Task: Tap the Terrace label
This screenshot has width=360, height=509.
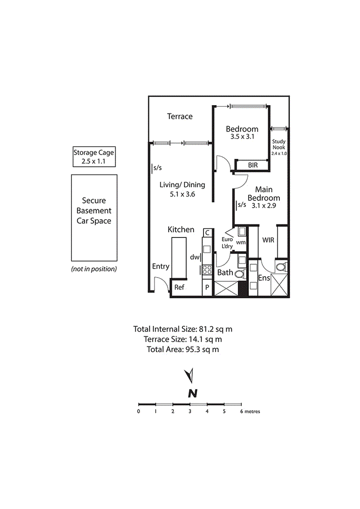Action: coord(180,116)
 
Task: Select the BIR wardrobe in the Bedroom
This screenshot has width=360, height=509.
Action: coord(253,165)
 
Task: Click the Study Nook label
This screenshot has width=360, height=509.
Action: coord(278,147)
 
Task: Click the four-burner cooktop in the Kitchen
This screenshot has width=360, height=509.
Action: coord(207,270)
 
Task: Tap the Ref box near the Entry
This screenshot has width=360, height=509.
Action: coord(179,287)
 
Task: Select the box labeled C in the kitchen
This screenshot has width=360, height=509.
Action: coord(207,233)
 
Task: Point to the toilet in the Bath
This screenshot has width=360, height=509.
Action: coord(239,274)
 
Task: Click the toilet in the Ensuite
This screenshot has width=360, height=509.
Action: coord(281,267)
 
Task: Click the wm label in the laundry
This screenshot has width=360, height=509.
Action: coord(240,243)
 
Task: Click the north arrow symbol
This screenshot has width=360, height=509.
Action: coord(190,376)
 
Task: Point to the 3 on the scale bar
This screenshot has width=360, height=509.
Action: coord(190,411)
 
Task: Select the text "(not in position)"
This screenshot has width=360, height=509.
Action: coord(94,269)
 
